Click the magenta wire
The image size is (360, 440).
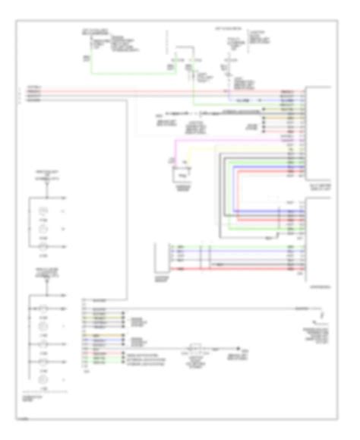click(x=228, y=140)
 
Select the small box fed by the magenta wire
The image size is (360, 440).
click(x=181, y=175)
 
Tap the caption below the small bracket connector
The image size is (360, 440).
click(x=162, y=278)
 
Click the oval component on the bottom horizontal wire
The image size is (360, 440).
click(x=195, y=350)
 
